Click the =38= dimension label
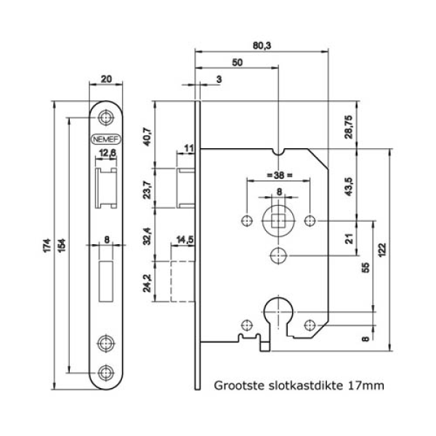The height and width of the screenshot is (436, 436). (x=278, y=175)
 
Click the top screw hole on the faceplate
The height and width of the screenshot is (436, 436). (x=107, y=116)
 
